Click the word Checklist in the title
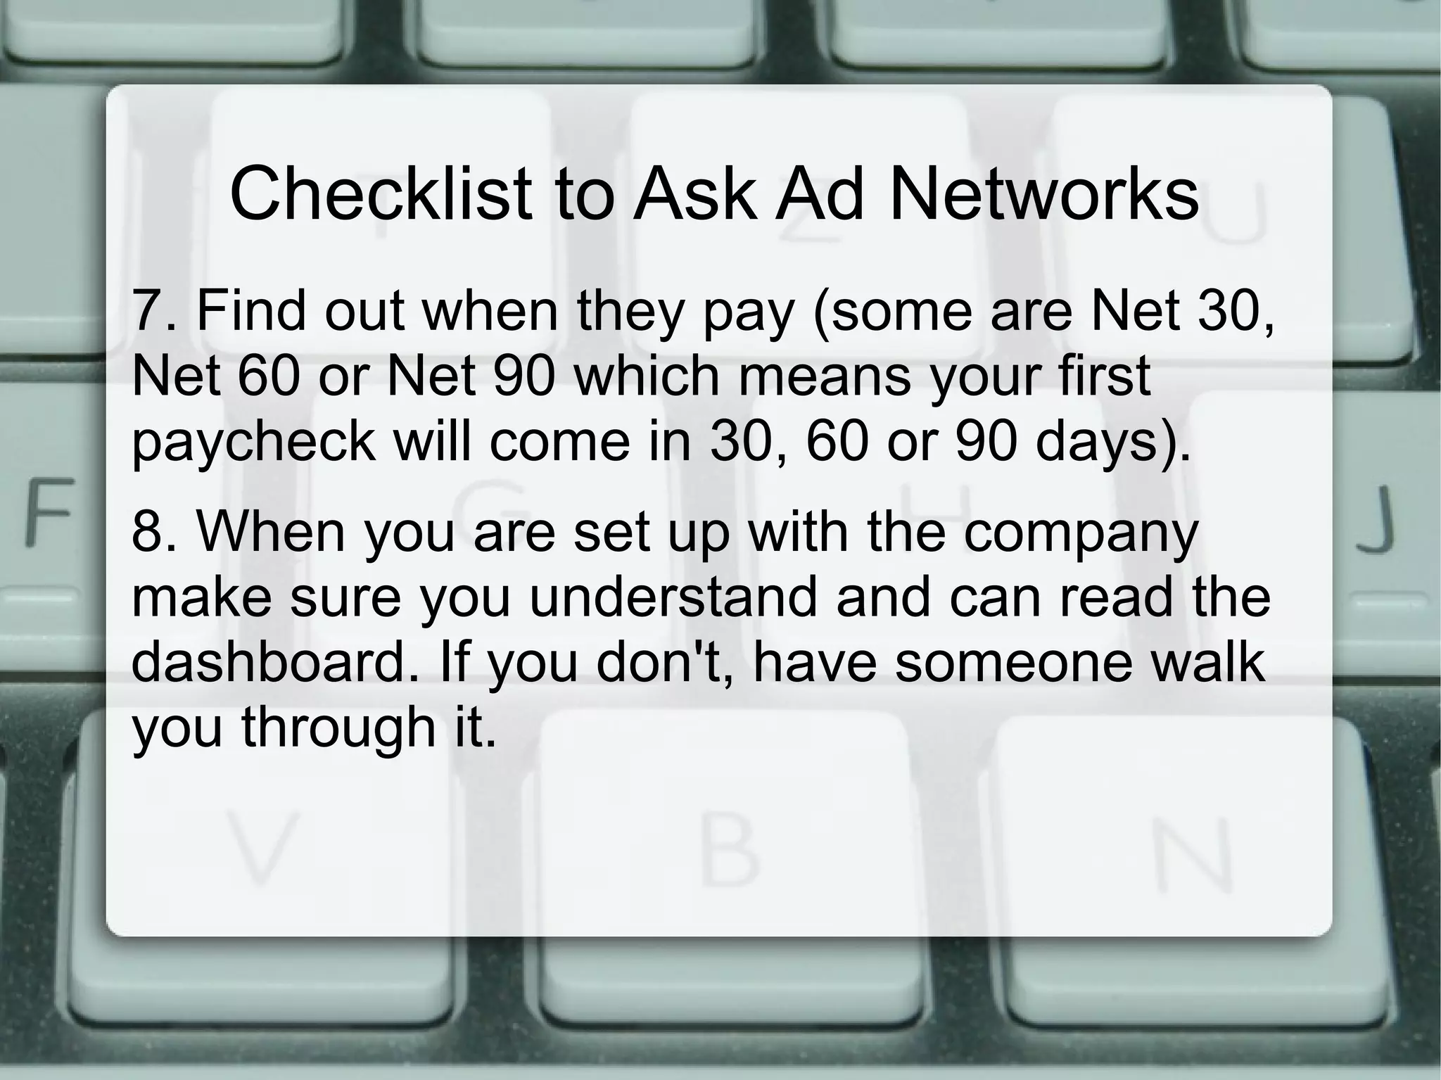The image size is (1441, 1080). (381, 193)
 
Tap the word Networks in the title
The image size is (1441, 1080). (1044, 193)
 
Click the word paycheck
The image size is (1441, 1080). (254, 443)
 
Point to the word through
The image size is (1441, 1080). (338, 728)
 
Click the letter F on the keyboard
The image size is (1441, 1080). (49, 512)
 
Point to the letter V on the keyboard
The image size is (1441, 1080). (260, 849)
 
